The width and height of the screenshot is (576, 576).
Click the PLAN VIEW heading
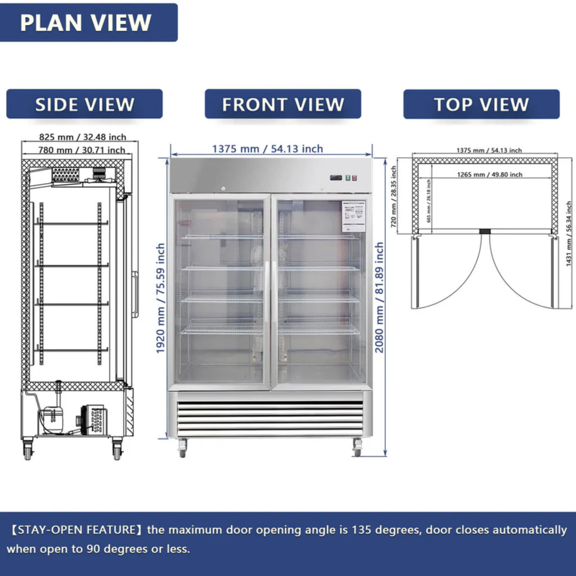point(86,22)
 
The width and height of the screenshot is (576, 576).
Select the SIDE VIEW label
point(84,104)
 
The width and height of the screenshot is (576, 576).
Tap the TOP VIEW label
point(481,104)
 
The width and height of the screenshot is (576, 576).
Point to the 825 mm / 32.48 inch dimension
point(82,138)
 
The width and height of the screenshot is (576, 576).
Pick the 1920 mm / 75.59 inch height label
point(161,299)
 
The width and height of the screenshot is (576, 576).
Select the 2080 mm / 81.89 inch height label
point(379,298)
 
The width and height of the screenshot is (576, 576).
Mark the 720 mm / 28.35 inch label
point(394,196)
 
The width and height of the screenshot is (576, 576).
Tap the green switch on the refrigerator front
point(346,178)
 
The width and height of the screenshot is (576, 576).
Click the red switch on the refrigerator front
point(353,178)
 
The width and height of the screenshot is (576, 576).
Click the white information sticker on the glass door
point(353,216)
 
